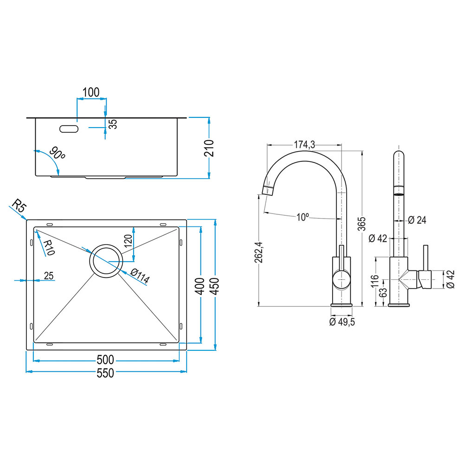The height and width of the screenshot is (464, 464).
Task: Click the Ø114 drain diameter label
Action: click(140, 277)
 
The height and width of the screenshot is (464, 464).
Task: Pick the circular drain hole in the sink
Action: click(107, 261)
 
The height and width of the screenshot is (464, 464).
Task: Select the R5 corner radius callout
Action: click(19, 206)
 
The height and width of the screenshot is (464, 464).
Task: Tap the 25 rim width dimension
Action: click(49, 276)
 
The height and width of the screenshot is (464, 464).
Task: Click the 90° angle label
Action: click(57, 154)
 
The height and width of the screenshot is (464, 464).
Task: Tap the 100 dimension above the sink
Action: click(91, 92)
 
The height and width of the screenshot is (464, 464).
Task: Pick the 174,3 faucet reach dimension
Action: click(305, 145)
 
